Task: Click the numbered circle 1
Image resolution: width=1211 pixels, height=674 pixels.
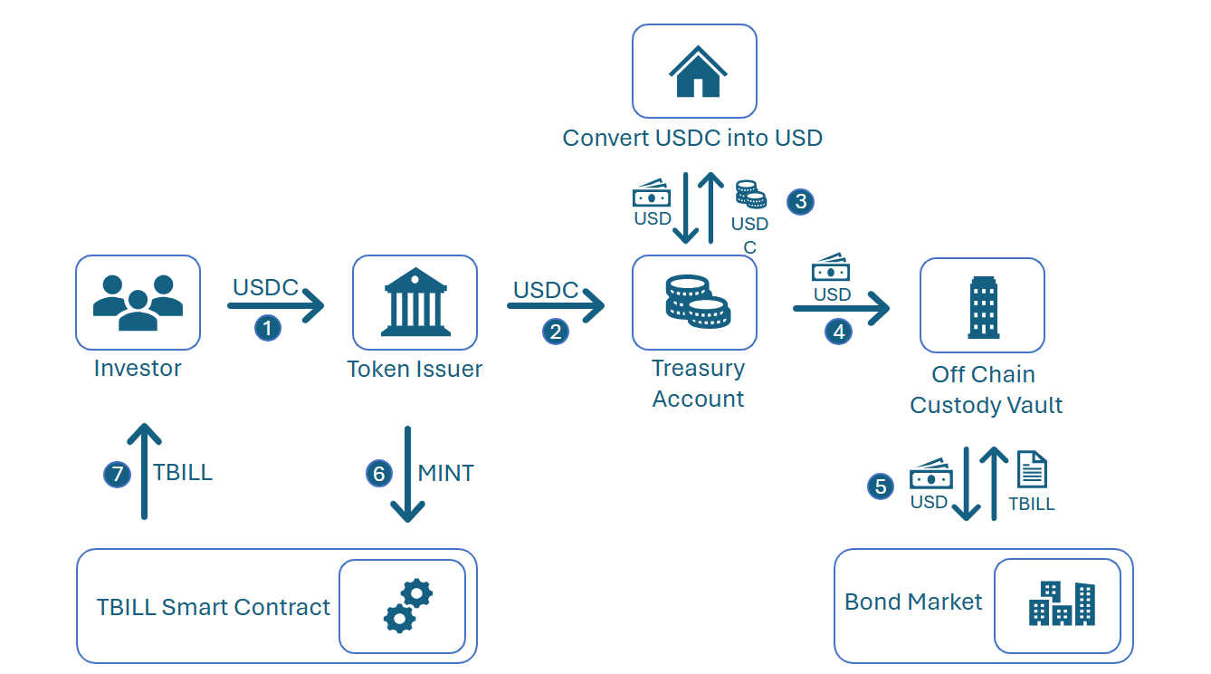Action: click(268, 328)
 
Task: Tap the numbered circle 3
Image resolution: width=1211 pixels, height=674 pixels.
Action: click(800, 201)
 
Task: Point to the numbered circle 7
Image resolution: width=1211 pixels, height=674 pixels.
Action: click(117, 474)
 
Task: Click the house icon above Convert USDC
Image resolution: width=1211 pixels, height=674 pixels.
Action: click(697, 72)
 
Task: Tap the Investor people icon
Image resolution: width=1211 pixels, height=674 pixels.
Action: click(138, 302)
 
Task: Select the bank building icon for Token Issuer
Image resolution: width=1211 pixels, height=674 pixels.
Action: click(415, 302)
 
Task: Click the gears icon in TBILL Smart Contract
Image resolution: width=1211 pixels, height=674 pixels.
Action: click(407, 606)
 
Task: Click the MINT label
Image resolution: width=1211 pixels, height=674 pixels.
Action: click(445, 473)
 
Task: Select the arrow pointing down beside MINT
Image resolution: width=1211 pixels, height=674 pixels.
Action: click(407, 475)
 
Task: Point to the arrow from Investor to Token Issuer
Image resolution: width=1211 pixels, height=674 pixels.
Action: click(275, 306)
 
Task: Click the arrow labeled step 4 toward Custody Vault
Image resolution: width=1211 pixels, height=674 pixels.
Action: click(841, 309)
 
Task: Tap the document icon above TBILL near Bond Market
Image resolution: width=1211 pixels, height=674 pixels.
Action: click(1032, 470)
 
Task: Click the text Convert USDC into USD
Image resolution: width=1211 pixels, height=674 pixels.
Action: click(692, 139)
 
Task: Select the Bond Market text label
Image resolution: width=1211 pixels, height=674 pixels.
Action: click(913, 602)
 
